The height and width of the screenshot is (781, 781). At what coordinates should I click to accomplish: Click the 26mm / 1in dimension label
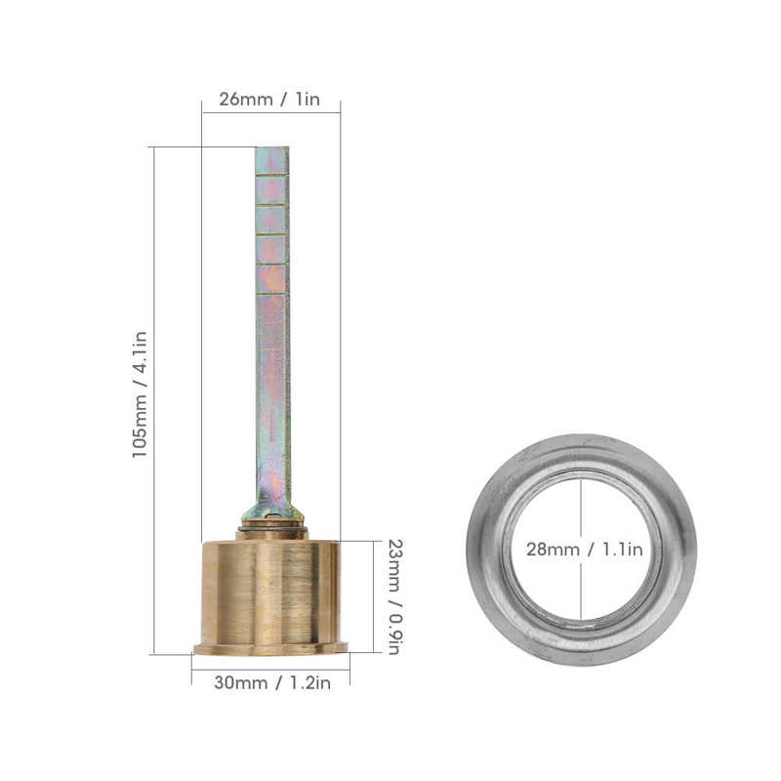(268, 101)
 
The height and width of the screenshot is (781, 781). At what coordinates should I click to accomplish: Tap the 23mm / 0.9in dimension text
(393, 596)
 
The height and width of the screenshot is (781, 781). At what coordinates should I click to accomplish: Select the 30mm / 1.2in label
(271, 682)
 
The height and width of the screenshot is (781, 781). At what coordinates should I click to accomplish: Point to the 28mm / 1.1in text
(584, 550)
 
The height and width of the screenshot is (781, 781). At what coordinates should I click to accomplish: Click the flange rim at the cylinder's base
(270, 648)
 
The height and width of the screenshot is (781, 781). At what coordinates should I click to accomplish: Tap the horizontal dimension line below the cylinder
(270, 669)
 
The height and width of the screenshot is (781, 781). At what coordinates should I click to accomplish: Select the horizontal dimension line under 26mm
(270, 113)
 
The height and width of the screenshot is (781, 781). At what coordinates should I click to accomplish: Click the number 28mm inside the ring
(553, 550)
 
